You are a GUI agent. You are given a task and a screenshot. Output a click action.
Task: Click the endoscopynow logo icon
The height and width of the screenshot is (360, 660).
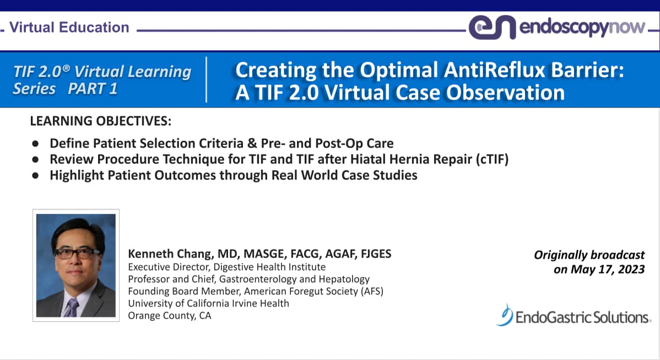491,28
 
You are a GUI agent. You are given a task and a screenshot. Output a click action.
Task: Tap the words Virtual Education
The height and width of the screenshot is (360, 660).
69,27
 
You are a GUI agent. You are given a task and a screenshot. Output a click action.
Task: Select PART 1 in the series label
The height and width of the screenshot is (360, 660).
93,89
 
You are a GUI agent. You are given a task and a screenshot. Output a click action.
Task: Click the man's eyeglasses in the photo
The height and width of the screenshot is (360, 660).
77,252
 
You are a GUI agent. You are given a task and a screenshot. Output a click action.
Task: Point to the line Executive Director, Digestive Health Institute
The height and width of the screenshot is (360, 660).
226,267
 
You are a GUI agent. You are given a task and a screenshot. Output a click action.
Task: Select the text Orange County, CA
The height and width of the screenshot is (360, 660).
170,315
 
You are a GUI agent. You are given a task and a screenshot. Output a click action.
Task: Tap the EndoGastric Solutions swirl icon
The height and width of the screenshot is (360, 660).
505,315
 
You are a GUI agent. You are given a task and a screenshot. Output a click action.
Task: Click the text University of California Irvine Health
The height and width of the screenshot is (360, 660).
208,303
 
